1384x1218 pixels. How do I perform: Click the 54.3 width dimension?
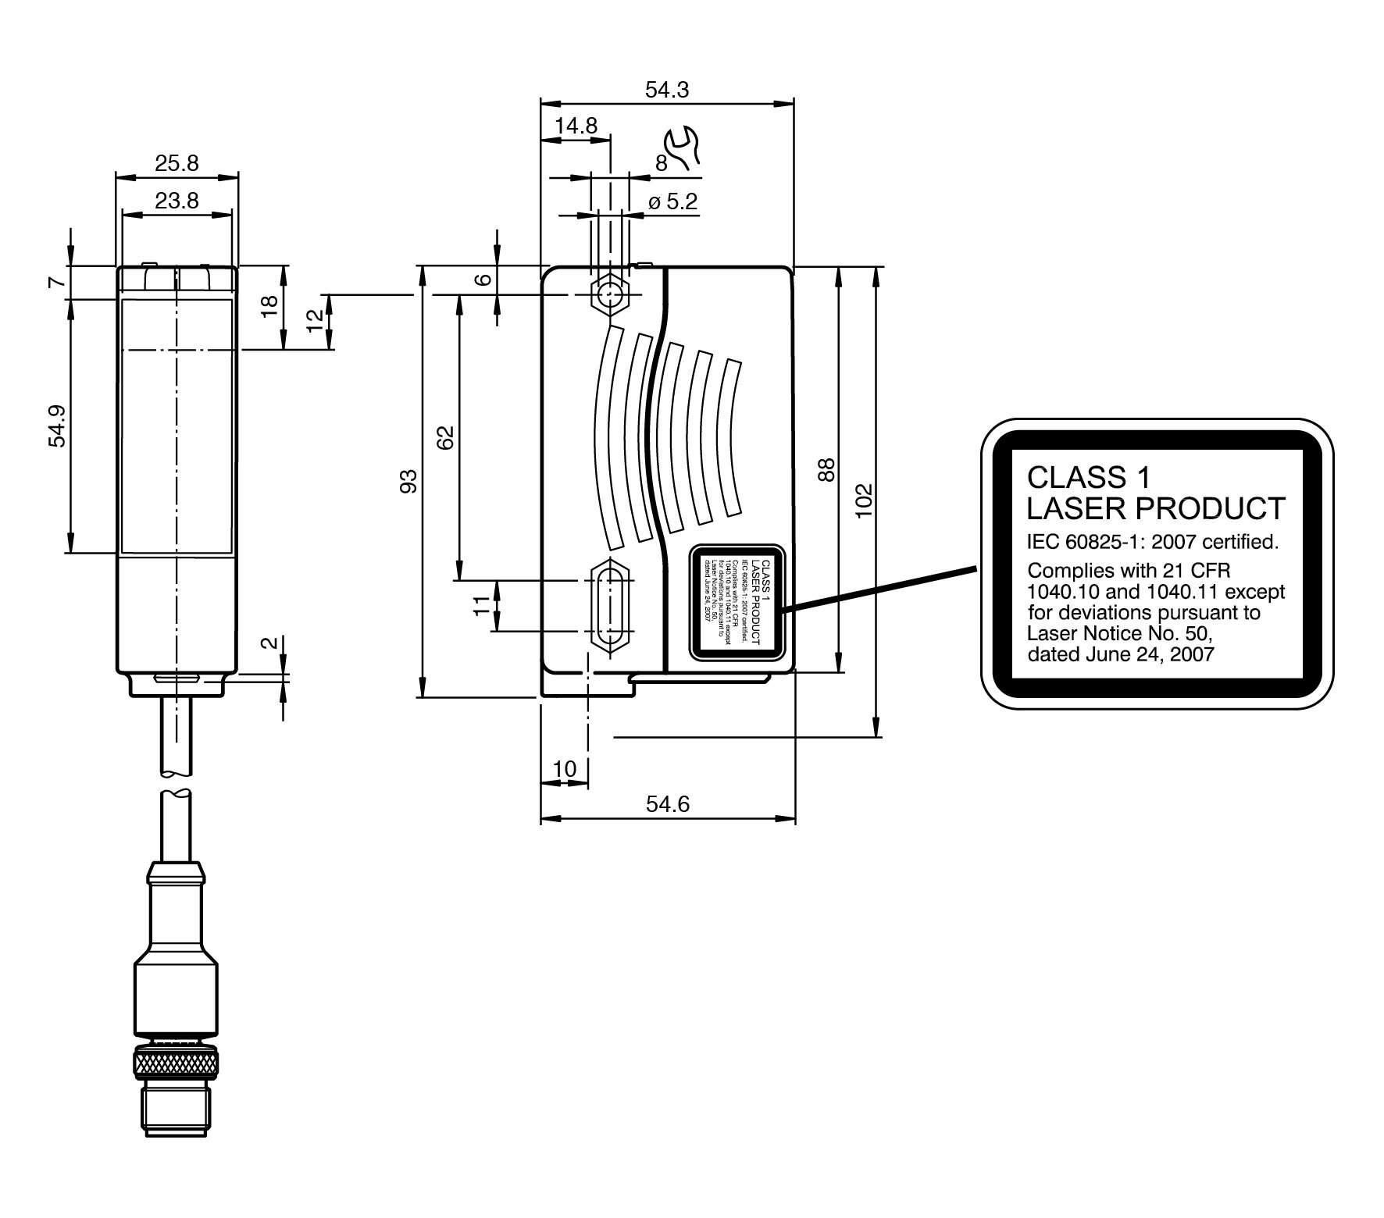point(666,91)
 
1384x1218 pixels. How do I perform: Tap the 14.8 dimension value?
point(576,126)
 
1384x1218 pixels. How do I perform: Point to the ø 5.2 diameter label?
point(672,202)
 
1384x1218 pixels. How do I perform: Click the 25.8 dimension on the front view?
point(177,163)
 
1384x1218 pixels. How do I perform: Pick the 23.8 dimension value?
point(177,201)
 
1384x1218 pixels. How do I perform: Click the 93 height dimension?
point(408,481)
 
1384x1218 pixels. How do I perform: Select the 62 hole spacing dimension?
point(444,437)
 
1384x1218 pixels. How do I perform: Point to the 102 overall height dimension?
point(863,500)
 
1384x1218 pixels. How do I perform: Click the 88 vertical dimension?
point(827,469)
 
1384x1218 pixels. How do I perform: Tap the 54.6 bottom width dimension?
point(668,805)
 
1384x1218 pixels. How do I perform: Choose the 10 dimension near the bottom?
point(564,769)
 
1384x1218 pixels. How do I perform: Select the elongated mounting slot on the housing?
point(611,606)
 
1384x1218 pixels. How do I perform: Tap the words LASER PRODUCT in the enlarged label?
point(1155,508)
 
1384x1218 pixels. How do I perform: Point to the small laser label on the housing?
point(737,603)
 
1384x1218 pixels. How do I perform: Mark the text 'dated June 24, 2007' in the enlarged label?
point(1121,654)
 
